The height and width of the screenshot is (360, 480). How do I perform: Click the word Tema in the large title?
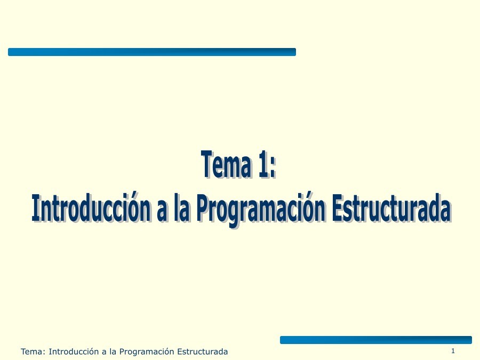pos(223,165)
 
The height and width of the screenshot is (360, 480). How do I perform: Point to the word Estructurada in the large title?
pos(390,209)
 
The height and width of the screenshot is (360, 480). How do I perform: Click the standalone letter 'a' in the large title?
pos(161,211)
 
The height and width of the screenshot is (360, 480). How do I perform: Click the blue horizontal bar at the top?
pos(151,52)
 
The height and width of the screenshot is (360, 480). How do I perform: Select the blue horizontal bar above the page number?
pos(375,340)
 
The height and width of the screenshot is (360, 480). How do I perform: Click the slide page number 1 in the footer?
pos(453,350)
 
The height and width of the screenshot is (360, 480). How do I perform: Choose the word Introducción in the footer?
pos(73,351)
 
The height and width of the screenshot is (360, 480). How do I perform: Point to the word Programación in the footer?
pos(147,352)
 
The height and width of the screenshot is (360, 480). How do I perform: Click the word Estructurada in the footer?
pos(202,351)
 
